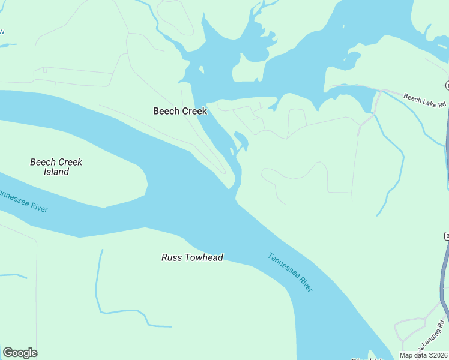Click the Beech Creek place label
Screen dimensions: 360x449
click(180, 111)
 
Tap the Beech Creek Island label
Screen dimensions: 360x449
click(56, 167)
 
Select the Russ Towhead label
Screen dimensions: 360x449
click(192, 257)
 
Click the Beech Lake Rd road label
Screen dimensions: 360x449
click(425, 100)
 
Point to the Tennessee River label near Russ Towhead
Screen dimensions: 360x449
click(291, 272)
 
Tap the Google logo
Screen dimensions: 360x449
click(20, 353)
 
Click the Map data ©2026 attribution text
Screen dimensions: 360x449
click(424, 355)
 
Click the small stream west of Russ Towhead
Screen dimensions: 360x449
click(98, 288)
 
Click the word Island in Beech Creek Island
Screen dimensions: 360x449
click(56, 172)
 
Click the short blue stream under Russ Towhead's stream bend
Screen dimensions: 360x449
click(159, 326)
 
